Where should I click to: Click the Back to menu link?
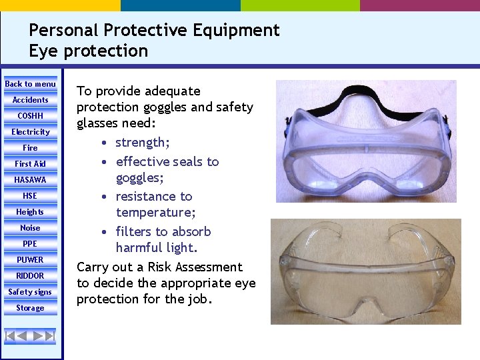(30, 84)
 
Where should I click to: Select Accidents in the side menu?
(30, 100)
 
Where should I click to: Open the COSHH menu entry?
(30, 116)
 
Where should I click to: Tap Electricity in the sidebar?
(30, 132)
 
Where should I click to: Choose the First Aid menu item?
(30, 164)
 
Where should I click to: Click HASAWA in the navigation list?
(30, 180)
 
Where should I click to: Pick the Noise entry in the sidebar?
(30, 228)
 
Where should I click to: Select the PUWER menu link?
(30, 260)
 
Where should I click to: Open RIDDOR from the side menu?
(30, 276)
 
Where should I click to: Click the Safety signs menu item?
(30, 292)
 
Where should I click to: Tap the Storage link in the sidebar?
(30, 308)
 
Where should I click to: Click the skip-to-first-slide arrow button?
(11, 336)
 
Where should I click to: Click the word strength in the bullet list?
(141, 143)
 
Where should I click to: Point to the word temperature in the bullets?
(154, 213)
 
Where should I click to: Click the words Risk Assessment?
(199, 267)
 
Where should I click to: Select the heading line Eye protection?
(88, 51)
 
